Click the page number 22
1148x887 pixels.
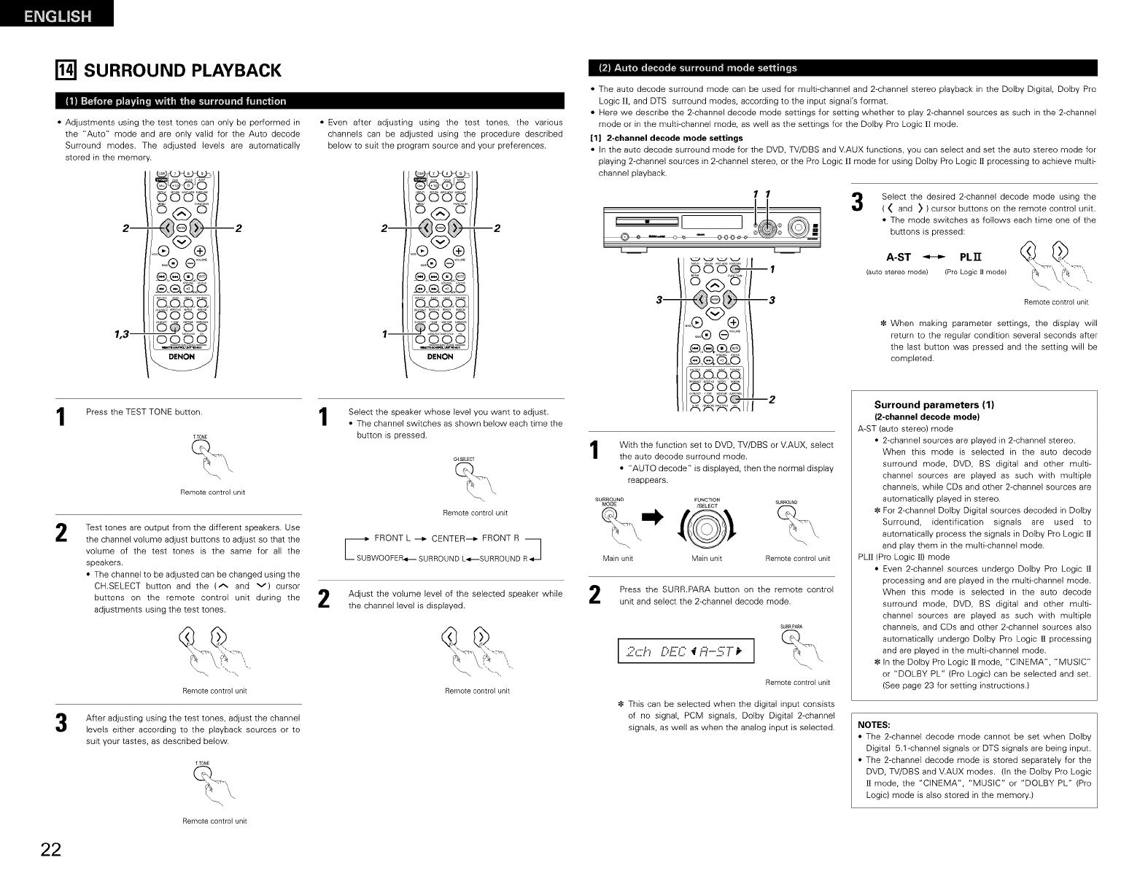[51, 851]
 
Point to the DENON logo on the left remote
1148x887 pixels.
[182, 357]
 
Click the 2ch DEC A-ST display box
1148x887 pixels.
[685, 650]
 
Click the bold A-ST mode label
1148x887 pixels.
[898, 257]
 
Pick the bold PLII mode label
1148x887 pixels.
[971, 257]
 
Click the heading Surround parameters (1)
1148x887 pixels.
[935, 405]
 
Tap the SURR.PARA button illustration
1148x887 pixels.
[791, 638]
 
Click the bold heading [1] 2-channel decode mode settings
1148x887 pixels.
[666, 138]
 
